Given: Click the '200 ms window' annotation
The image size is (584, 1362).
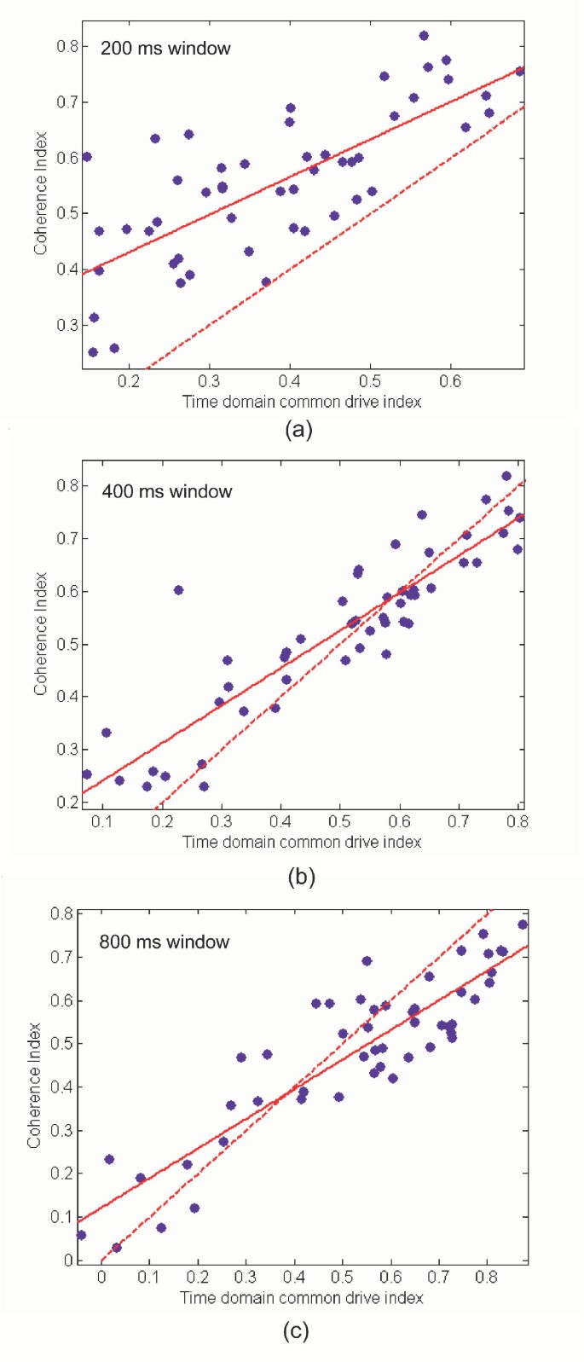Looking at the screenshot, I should [165, 49].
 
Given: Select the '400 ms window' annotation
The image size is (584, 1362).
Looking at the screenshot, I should [166, 491].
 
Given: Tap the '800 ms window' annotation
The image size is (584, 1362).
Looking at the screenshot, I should [164, 942].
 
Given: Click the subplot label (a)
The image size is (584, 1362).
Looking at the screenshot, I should [298, 429].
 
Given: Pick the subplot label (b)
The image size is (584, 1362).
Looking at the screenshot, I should [301, 877].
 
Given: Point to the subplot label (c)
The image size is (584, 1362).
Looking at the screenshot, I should [296, 1331].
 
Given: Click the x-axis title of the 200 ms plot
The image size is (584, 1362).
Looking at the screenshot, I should [302, 402].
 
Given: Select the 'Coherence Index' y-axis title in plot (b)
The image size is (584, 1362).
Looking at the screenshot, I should [40, 633].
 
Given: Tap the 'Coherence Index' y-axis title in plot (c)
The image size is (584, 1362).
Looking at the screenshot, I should [34, 1085].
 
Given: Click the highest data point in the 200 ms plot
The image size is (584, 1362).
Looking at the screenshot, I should [424, 36].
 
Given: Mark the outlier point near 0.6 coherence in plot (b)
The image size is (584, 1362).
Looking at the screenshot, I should [178, 590].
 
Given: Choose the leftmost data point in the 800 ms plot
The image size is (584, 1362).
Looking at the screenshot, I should [81, 1235].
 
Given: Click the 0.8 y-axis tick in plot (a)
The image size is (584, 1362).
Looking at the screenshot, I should [67, 46].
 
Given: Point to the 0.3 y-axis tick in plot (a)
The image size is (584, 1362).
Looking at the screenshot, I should [67, 325].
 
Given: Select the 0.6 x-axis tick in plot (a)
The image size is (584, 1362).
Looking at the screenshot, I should [450, 380].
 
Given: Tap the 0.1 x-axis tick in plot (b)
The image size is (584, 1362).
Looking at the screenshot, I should [102, 821].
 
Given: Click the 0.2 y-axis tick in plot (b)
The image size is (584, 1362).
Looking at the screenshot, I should [67, 803].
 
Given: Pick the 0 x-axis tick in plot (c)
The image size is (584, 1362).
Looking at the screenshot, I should [101, 1277].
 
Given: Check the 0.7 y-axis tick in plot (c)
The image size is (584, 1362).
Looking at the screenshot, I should [61, 957].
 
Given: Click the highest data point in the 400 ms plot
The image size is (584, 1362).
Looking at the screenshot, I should [506, 476].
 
